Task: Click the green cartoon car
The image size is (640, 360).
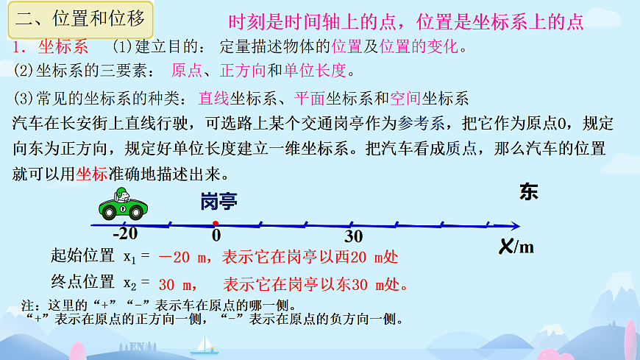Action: click(x=123, y=204)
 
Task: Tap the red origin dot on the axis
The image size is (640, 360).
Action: click(x=215, y=223)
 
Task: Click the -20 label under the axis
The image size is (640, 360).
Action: click(x=125, y=235)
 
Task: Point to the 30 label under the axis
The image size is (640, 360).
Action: click(x=354, y=236)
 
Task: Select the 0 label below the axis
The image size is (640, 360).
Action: click(x=216, y=236)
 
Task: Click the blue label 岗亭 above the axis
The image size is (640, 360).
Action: click(x=219, y=202)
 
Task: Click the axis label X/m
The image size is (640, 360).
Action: click(x=516, y=247)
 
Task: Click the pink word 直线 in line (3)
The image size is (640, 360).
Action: click(x=214, y=98)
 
